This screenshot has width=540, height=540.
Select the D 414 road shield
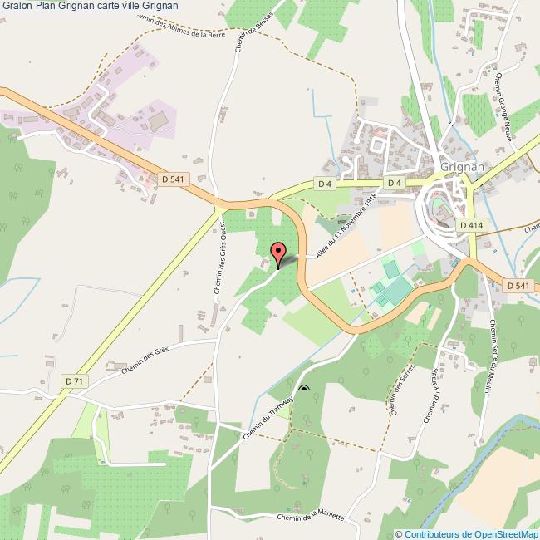pyautogui.click(x=469, y=225)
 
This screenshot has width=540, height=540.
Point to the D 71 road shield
pyautogui.click(x=73, y=380)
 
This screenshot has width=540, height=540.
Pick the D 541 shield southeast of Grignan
pyautogui.click(x=517, y=286)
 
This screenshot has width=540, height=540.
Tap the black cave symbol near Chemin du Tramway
pyautogui.click(x=303, y=389)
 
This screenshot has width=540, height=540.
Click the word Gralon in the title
pyautogui.click(x=17, y=6)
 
